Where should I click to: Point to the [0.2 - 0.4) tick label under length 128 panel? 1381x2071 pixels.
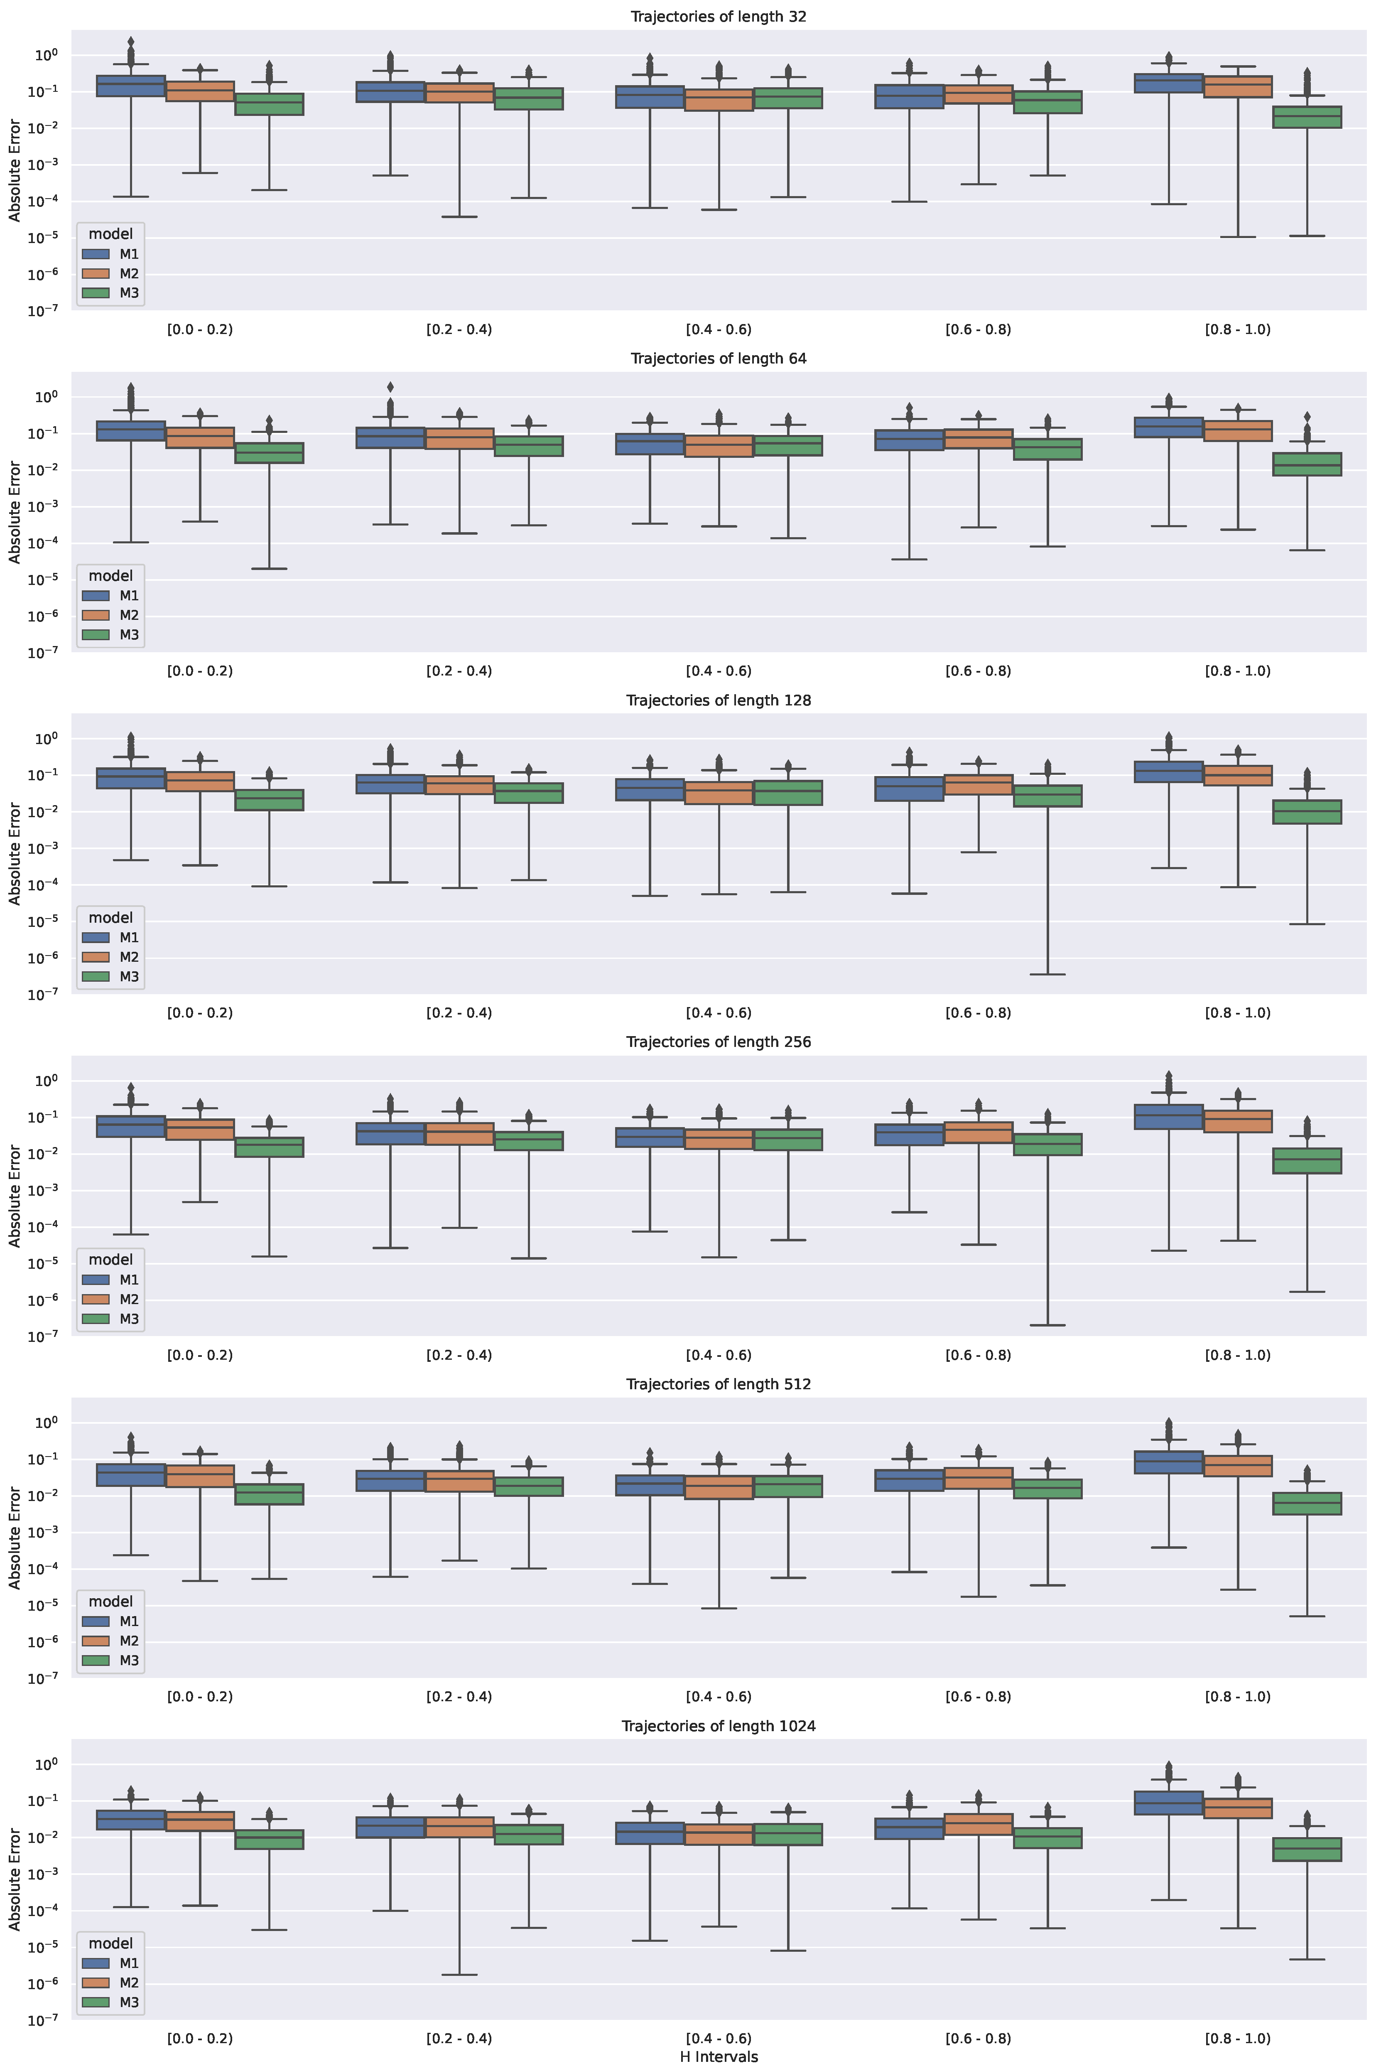[x=459, y=1013]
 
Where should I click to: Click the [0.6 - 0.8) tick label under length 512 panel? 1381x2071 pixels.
[x=978, y=1697]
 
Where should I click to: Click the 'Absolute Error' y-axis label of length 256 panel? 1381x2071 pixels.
[x=15, y=1195]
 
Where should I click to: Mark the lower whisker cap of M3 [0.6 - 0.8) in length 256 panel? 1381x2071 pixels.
[x=1047, y=1325]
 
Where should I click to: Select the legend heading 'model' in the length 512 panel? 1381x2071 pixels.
[x=110, y=1602]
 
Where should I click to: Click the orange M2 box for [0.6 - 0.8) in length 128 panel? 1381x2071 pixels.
[x=978, y=785]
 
